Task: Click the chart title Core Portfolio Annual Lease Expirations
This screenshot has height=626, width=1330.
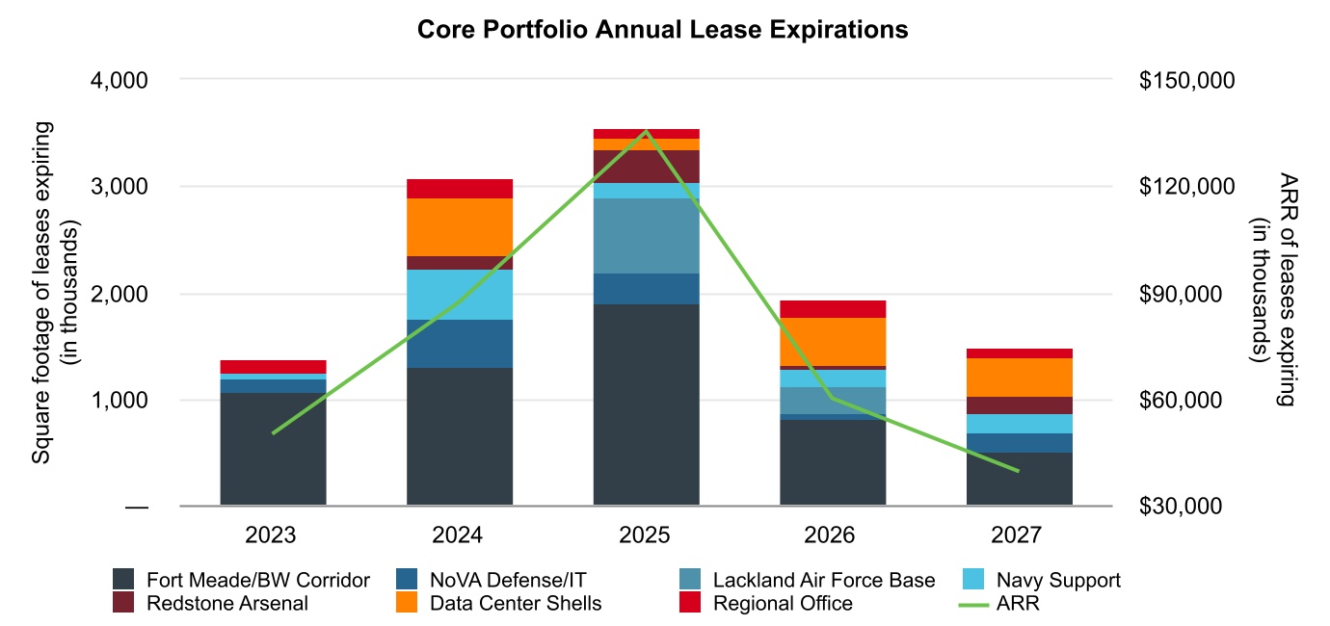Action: [662, 30]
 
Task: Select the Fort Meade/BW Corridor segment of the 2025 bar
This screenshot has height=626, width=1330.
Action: [646, 404]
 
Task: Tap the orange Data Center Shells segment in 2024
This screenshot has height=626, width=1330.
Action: [460, 226]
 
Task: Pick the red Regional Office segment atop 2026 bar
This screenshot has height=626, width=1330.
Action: [833, 308]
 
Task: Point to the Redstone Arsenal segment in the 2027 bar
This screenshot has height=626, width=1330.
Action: [1019, 405]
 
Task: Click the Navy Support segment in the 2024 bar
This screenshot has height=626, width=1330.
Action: [460, 294]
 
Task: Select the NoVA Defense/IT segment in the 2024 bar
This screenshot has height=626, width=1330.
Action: [460, 344]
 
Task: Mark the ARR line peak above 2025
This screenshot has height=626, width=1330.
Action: [646, 131]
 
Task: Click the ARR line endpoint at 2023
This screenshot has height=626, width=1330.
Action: [274, 433]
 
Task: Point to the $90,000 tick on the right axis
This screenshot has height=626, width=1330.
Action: [1185, 293]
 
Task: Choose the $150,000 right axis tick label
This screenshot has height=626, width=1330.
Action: [1185, 80]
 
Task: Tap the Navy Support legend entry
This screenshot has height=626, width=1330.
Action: [1058, 580]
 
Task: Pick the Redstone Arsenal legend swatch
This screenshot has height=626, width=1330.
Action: [123, 604]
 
